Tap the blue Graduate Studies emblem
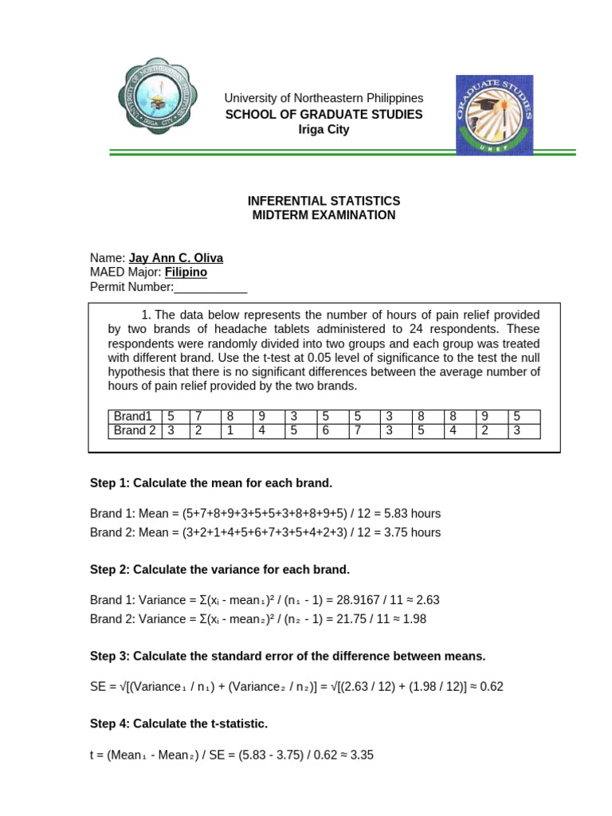(494, 115)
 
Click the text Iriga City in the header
(324, 130)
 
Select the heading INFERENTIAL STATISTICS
(324, 201)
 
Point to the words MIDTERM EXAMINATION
(324, 215)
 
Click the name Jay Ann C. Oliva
(176, 258)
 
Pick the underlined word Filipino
(186, 273)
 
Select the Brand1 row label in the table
(132, 417)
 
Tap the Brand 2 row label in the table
(134, 431)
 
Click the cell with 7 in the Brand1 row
(198, 417)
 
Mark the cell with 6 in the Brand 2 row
(325, 431)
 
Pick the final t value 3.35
(362, 753)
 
